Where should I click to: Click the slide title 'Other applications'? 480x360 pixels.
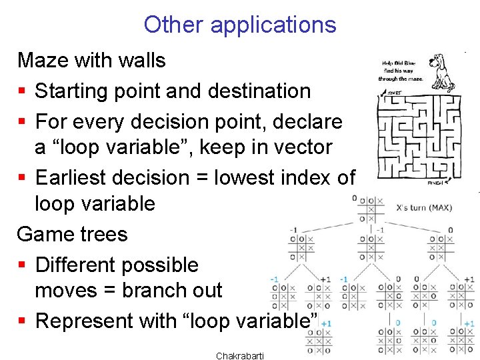239,25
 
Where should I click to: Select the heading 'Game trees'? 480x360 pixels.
72,234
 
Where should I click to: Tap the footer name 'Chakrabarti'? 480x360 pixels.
240,355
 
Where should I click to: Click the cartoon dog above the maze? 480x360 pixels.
440,72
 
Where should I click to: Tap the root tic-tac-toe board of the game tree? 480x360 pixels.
371,209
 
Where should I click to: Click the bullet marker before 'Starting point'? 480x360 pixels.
23,91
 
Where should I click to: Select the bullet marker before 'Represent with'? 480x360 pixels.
23,321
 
